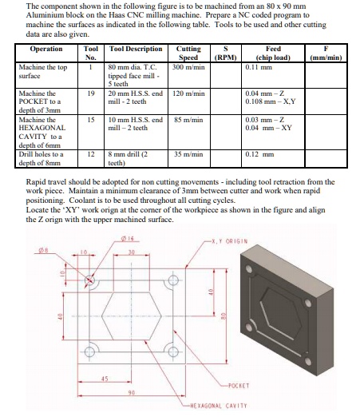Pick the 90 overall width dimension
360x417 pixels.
(x=129, y=394)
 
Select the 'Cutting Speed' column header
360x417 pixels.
(x=188, y=52)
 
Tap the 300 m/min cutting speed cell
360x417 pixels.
(x=188, y=67)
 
